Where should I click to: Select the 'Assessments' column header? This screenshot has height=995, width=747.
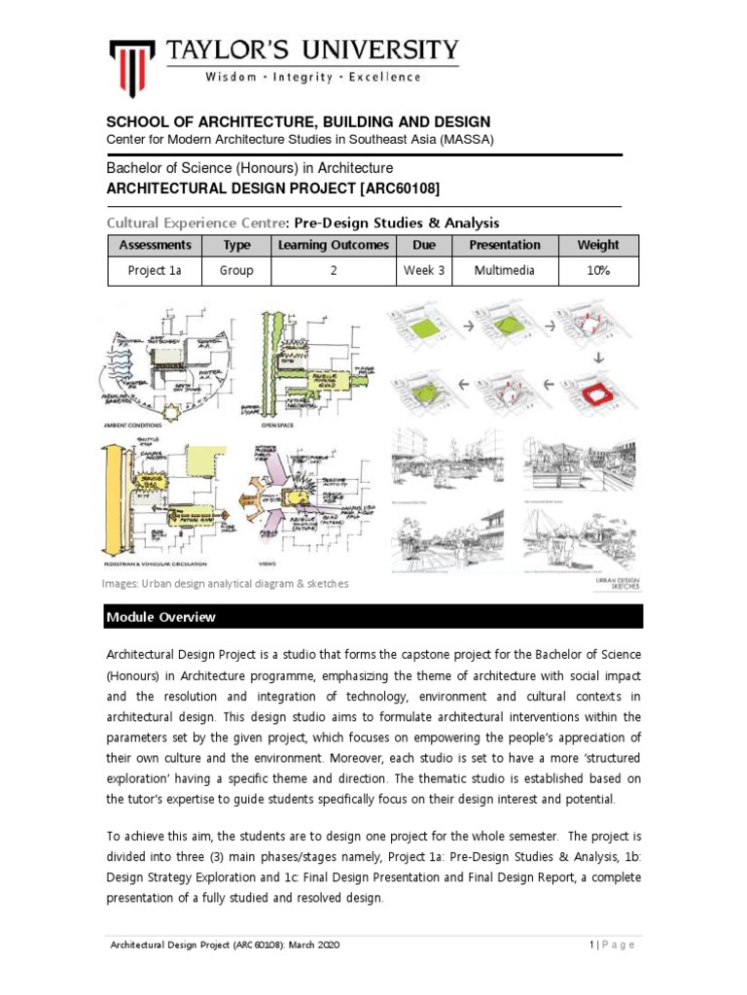point(155,245)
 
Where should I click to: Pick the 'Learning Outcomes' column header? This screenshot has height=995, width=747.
point(333,245)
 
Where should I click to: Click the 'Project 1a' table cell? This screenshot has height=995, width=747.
point(155,271)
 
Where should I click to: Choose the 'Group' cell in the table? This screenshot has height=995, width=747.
point(236,271)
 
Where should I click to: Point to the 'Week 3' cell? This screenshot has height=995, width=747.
point(423,271)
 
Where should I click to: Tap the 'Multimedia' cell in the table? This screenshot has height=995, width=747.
point(504,271)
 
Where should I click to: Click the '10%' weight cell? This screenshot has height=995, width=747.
point(596,271)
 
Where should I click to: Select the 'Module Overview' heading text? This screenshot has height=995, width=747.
point(162,618)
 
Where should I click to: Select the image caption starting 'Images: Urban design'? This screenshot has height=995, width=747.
point(225,584)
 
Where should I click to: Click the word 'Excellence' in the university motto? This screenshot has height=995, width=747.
point(384,77)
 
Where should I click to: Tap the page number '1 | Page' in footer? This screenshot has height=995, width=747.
point(612,945)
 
